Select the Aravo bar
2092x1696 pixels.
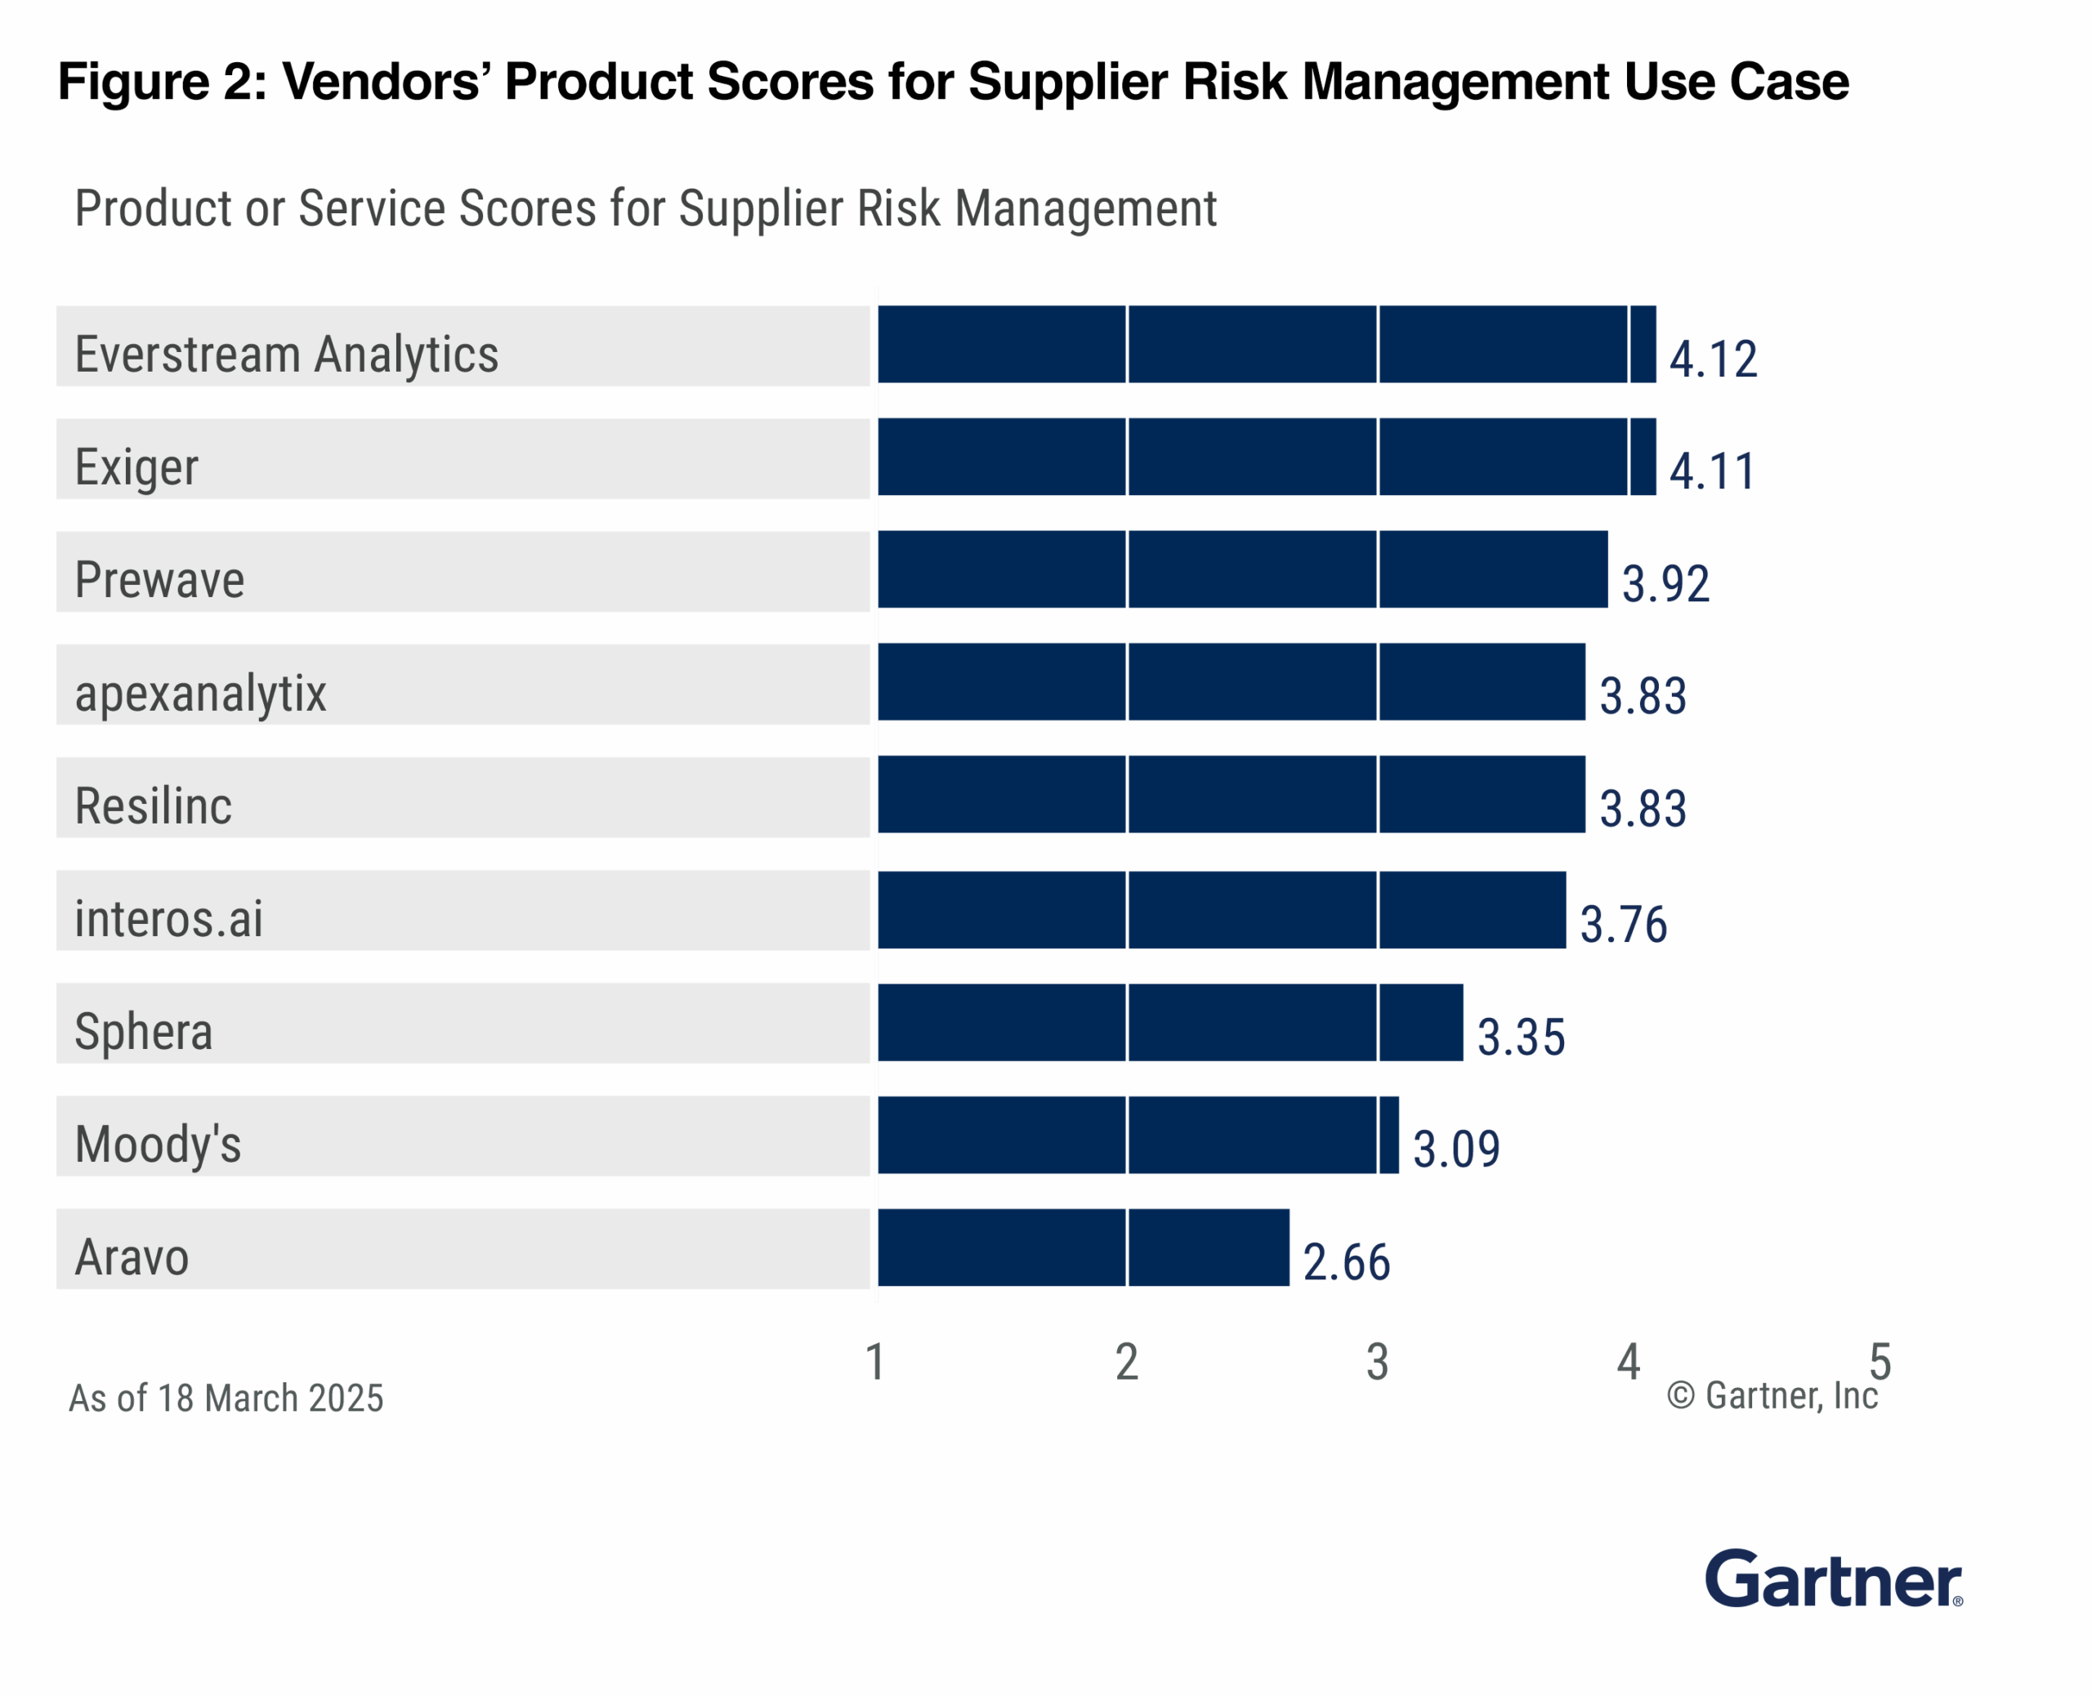1083,1247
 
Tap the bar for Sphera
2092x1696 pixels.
1169,1022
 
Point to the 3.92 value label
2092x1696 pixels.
1665,583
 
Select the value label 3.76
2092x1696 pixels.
1623,924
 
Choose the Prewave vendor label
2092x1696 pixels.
159,580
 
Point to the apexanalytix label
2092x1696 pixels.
200,694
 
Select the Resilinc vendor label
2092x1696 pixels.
154,806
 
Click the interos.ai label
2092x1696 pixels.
169,919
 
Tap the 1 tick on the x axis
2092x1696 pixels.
875,1362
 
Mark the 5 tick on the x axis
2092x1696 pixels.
1880,1362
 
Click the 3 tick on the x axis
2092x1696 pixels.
1377,1362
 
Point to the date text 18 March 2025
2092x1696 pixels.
270,1398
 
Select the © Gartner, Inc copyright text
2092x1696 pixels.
1772,1396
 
